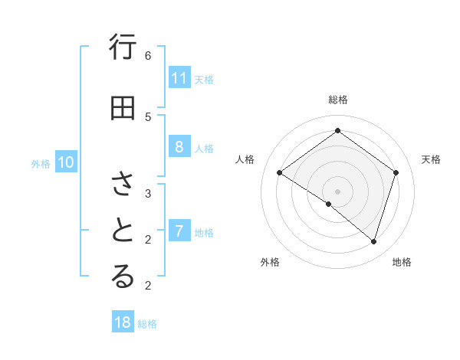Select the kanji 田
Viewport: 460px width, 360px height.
[123, 108]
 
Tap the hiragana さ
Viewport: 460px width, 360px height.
[123, 184]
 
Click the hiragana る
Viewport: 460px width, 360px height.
[123, 277]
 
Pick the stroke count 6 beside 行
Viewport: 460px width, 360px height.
[148, 55]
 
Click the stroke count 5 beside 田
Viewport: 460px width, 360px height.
[148, 116]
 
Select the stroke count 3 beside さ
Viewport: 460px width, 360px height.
[148, 193]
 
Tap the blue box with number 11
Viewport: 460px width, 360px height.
[179, 78]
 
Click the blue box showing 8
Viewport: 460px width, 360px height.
[179, 148]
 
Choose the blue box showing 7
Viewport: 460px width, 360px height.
[179, 231]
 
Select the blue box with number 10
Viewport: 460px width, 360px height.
[66, 162]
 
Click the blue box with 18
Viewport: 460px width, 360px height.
[123, 322]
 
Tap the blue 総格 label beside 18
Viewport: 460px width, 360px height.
[147, 324]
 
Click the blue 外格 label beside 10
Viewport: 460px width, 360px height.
[41, 163]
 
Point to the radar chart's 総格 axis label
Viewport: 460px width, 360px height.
[337, 100]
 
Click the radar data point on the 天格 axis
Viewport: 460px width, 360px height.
[396, 172]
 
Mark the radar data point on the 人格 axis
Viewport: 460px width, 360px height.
[279, 172]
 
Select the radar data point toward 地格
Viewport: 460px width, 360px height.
[373, 241]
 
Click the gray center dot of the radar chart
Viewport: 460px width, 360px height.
[337, 191]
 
